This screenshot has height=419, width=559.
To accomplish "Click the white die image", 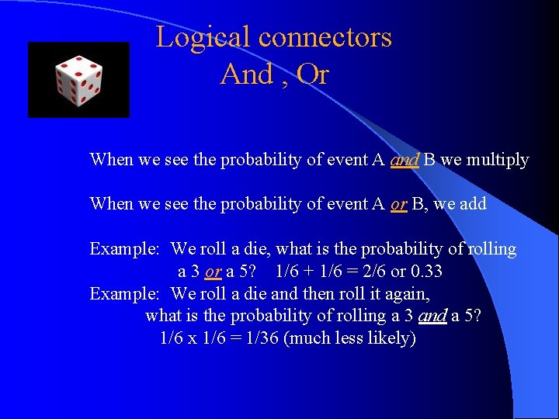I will [x=78, y=80].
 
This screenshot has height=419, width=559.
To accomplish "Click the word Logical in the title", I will [x=203, y=37].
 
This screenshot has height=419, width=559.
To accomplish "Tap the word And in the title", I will [x=247, y=74].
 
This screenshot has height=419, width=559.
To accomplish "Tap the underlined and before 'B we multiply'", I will [x=404, y=161].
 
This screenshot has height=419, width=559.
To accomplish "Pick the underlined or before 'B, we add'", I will [x=398, y=204].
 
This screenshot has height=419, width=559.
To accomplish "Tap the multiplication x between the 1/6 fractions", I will [x=191, y=338].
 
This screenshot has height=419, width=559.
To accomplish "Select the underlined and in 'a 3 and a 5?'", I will [x=432, y=317].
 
